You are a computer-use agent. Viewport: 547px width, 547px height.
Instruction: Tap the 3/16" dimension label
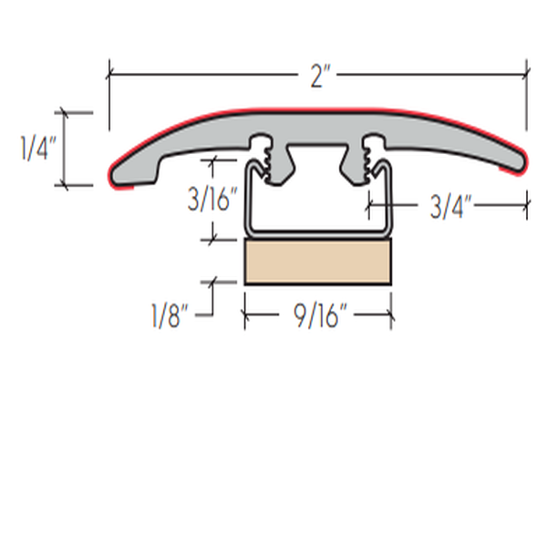point(213,201)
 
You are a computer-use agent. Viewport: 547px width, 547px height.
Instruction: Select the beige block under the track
point(318,262)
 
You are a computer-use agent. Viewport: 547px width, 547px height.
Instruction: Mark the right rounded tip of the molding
point(522,160)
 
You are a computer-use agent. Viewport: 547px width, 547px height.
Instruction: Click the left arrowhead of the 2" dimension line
point(112,71)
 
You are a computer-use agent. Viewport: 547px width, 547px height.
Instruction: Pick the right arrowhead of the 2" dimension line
point(524,71)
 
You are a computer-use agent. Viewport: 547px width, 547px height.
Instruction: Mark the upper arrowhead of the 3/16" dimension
point(214,163)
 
